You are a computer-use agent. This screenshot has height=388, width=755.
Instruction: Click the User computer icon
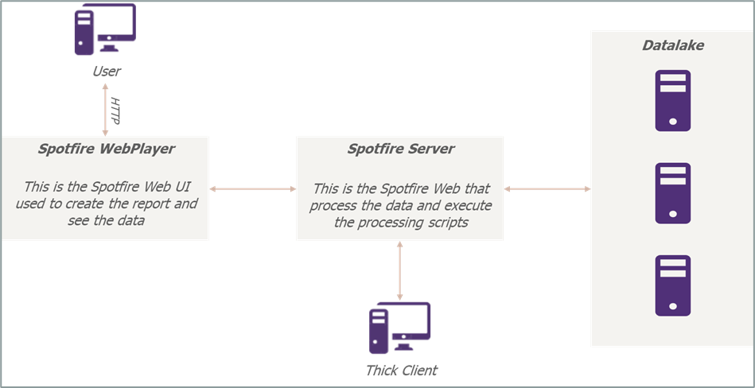[x=105, y=31]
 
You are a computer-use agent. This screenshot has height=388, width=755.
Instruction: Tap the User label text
[x=106, y=72]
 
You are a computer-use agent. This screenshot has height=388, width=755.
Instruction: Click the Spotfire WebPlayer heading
[x=106, y=149]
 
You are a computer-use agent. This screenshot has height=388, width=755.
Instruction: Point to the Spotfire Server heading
[x=400, y=149]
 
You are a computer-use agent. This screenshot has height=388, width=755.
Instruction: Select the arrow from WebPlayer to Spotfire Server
[x=252, y=188]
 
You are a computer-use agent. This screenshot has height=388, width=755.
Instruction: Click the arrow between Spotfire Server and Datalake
[x=547, y=188]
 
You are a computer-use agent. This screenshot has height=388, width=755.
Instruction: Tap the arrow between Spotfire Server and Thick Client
[x=399, y=270]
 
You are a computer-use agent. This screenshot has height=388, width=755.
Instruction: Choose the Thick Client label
[x=401, y=371]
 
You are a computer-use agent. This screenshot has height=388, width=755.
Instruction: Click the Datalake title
[x=672, y=45]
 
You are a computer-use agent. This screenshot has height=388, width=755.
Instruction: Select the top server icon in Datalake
[x=672, y=100]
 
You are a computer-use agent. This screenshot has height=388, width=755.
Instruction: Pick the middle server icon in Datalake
[x=672, y=193]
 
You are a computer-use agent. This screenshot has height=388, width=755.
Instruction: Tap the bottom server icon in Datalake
[x=672, y=285]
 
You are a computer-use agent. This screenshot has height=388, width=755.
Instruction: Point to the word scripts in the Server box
[x=446, y=223]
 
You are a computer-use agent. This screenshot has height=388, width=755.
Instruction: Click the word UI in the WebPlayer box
[x=201, y=188]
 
